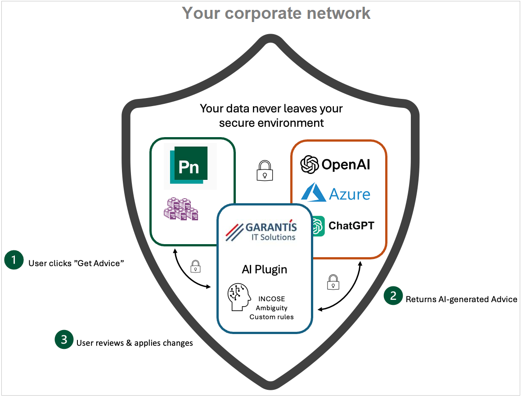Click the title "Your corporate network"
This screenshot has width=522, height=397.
(276, 13)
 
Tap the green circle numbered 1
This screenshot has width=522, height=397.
(14, 260)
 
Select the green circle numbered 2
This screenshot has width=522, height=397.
(393, 296)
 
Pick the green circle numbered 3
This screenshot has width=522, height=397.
(64, 340)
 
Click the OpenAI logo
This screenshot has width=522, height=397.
(335, 164)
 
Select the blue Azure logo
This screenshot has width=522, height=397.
(336, 193)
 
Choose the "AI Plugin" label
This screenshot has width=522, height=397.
(264, 269)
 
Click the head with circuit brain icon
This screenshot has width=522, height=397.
(239, 297)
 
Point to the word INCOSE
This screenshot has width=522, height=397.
(271, 299)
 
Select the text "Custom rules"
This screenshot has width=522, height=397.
(271, 317)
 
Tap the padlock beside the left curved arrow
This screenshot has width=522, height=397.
(195, 266)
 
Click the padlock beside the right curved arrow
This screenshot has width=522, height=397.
(333, 282)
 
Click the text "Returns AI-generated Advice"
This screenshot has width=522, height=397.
(461, 299)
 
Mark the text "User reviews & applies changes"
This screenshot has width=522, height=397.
(135, 343)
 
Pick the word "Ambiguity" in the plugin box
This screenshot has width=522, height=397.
(271, 308)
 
